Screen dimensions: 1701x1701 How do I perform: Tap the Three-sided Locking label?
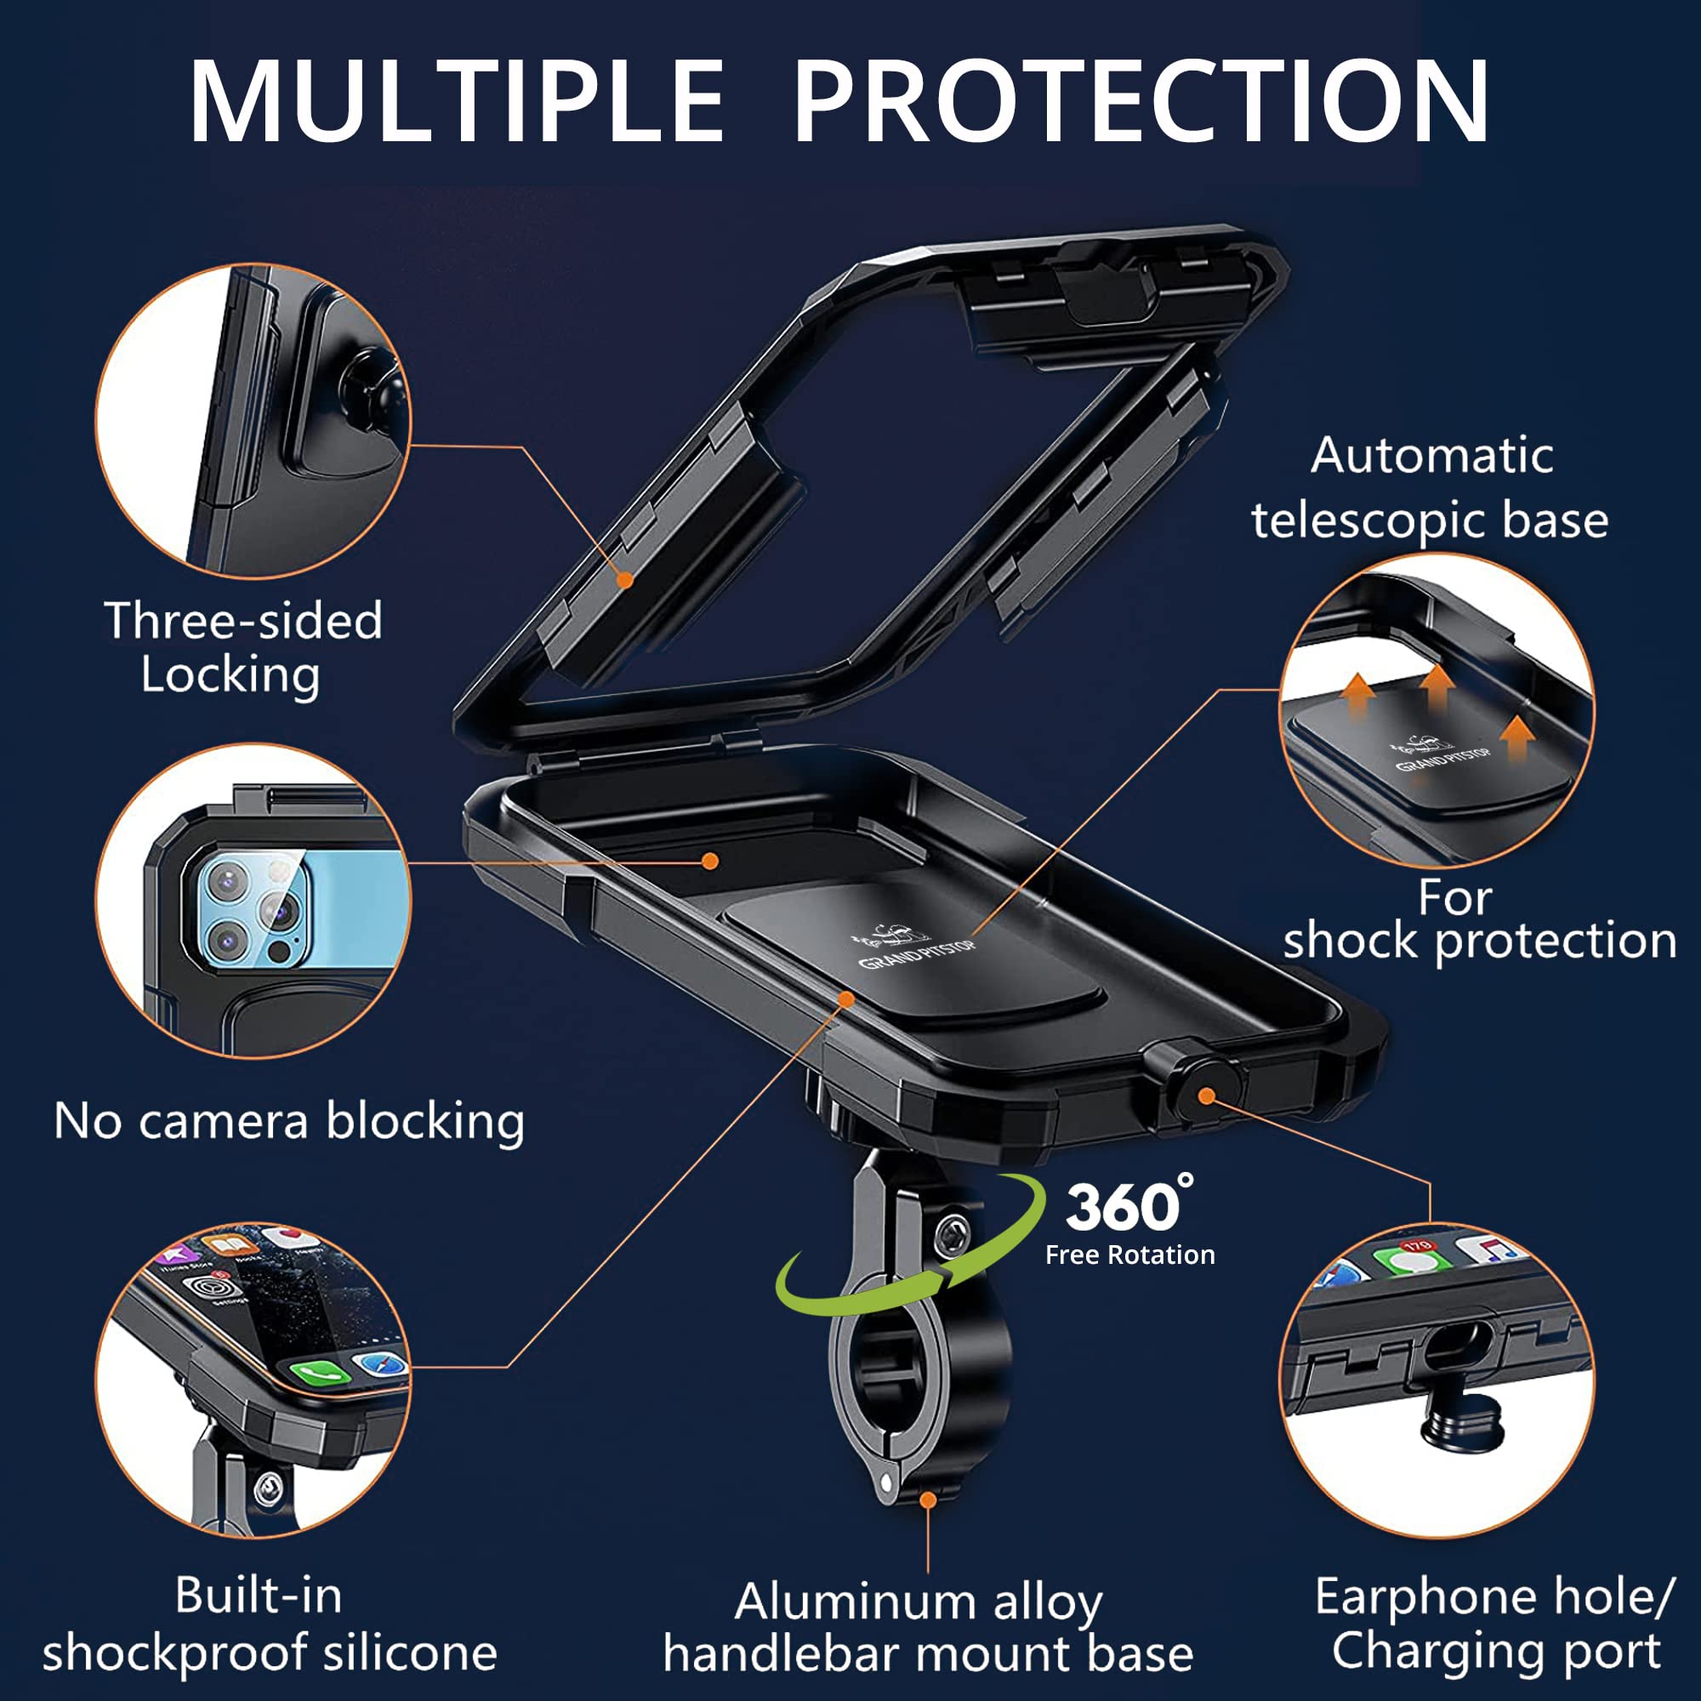[242, 647]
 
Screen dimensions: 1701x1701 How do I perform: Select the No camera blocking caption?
[289, 1123]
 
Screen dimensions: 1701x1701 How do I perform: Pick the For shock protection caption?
[1479, 920]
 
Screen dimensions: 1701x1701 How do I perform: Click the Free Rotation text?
[1129, 1255]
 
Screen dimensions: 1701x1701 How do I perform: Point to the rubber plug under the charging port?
[1461, 1425]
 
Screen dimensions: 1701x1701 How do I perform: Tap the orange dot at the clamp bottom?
[928, 1499]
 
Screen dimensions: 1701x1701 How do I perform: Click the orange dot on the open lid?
[625, 579]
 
